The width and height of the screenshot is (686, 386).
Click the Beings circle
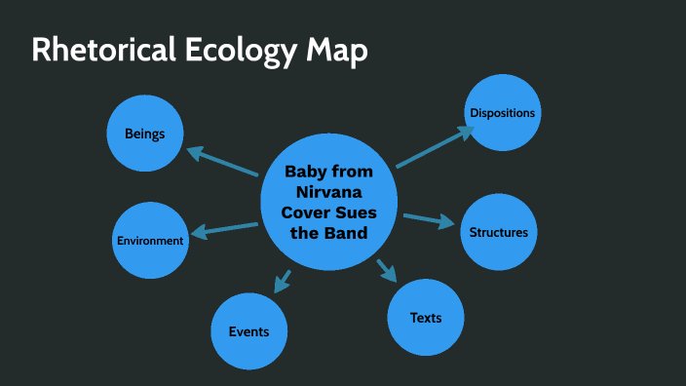click(x=145, y=133)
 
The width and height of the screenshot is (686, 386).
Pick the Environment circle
click(x=150, y=240)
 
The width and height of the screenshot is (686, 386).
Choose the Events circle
click(x=249, y=331)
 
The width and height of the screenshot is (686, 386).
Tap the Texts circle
click(x=426, y=318)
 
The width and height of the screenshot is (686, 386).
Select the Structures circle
click(x=499, y=232)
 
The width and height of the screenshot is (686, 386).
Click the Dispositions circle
click(x=503, y=113)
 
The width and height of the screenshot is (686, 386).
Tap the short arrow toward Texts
click(x=387, y=269)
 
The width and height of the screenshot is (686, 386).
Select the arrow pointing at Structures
click(x=429, y=219)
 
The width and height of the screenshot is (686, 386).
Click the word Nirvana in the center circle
click(x=328, y=192)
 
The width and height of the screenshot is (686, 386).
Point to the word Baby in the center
click(x=304, y=172)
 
